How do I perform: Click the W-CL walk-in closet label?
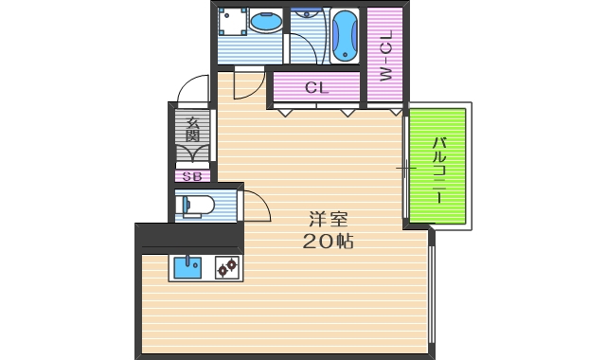coord(385,58)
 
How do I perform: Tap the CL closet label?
coord(316,88)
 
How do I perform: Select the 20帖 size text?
coord(328,242)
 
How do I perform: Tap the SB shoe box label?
coord(191,176)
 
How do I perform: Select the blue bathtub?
coord(344,34)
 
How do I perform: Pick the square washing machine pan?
coord(231,22)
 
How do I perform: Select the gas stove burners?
coord(227,268)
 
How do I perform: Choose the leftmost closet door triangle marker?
coord(284,113)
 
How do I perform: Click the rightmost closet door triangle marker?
coord(396,113)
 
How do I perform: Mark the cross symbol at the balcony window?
coord(404,170)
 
